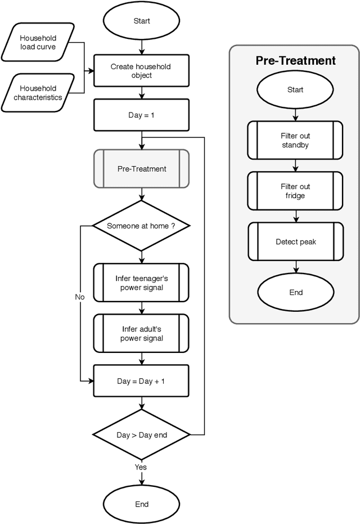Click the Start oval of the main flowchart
(x=141, y=21)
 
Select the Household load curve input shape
(x=38, y=43)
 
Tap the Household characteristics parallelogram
(x=38, y=92)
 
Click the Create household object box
(x=141, y=71)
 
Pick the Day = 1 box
(x=141, y=116)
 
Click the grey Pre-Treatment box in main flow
(x=141, y=168)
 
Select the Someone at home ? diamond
(x=141, y=226)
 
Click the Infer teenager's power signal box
(x=141, y=283)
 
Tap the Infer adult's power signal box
(x=141, y=333)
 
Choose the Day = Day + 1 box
(x=141, y=381)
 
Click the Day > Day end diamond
(x=141, y=435)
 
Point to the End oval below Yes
(x=141, y=504)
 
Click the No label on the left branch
(x=79, y=296)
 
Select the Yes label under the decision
(x=141, y=467)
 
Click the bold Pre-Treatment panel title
(x=295, y=61)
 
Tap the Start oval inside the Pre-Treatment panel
(x=295, y=89)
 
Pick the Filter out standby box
(x=295, y=140)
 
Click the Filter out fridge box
(x=295, y=191)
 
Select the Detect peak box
(x=295, y=242)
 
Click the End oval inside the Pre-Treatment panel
(x=295, y=292)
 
